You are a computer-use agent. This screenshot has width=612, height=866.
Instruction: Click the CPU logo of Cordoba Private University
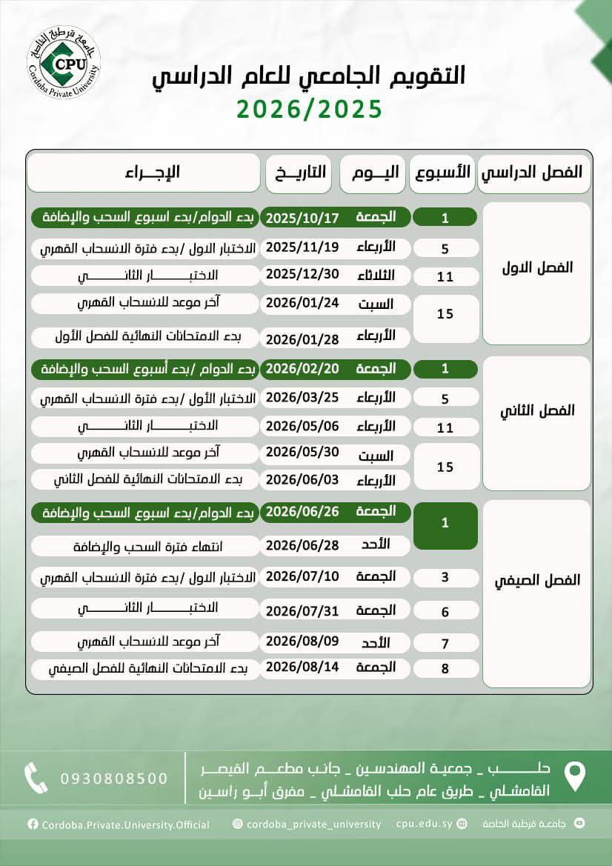point(63,61)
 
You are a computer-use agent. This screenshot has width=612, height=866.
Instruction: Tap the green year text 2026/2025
point(310,109)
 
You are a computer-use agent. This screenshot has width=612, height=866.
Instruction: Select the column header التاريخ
point(296,173)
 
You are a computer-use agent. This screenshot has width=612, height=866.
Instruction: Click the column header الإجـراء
point(144,173)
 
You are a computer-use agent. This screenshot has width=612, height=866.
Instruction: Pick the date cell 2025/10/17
point(302,218)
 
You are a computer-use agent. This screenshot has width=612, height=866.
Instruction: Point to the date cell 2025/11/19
point(302,247)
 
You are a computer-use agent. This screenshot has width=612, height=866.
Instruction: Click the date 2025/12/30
point(302,274)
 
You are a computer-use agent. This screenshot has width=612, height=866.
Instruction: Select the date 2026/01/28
point(302,339)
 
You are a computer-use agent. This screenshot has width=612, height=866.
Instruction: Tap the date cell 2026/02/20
point(302,368)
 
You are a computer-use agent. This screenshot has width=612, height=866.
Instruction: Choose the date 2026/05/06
point(302,426)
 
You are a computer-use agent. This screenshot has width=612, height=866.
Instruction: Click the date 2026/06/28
point(302,545)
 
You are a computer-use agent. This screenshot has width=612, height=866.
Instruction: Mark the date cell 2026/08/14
point(302,667)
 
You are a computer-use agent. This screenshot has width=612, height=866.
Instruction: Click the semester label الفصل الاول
point(536,267)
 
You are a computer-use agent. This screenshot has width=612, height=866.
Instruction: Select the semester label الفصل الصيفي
point(536,580)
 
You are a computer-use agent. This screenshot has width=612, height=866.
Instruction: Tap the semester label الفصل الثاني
point(536,410)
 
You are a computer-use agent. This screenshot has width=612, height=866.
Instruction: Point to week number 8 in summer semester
point(445,669)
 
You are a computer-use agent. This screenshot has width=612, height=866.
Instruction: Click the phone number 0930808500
point(114,779)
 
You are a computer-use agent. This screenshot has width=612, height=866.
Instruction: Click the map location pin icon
point(575,776)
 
